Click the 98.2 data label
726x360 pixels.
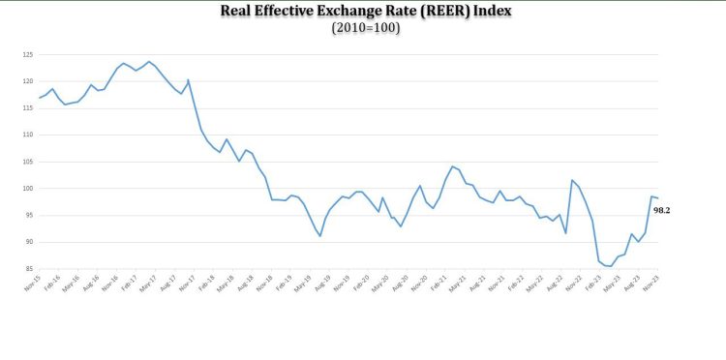point(662,209)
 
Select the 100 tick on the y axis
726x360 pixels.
point(27,189)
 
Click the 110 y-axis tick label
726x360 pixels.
point(27,135)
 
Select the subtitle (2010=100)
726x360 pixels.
point(366,28)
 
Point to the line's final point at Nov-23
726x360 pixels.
point(659,198)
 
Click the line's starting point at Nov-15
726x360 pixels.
point(38,98)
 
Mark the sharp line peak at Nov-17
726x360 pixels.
point(188,79)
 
